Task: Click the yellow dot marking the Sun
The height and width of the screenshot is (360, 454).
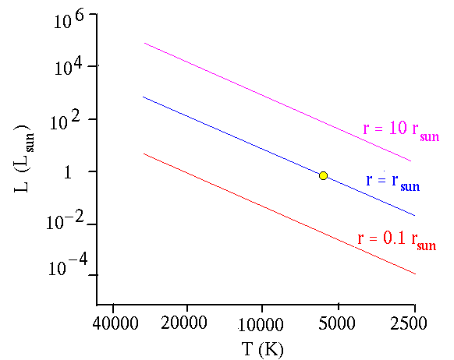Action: click(x=323, y=175)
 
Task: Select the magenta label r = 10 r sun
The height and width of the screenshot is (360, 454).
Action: click(x=401, y=130)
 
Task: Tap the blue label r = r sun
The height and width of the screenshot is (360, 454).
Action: click(x=393, y=182)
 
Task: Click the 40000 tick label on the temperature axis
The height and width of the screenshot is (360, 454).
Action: click(x=115, y=323)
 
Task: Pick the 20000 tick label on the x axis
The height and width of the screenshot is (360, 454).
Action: click(x=184, y=323)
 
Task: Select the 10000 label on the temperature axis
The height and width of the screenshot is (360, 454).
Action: click(x=261, y=324)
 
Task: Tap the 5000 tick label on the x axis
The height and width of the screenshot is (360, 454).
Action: click(x=337, y=323)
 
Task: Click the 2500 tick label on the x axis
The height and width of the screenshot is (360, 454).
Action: click(x=409, y=323)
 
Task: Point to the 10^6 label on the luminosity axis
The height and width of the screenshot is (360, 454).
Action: click(x=69, y=19)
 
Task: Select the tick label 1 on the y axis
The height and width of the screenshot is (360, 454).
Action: click(x=67, y=172)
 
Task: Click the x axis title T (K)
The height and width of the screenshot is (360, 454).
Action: click(x=262, y=349)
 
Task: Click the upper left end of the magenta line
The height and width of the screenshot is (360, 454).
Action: click(x=144, y=43)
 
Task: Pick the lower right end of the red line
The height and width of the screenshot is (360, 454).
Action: click(x=416, y=274)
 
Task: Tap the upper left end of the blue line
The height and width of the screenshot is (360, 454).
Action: click(x=143, y=97)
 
